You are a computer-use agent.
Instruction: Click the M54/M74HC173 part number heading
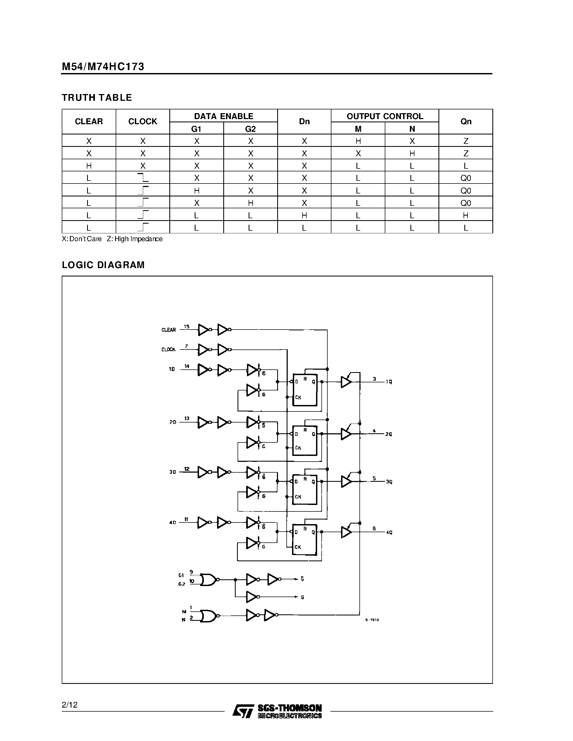point(103,67)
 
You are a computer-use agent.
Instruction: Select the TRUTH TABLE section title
point(97,98)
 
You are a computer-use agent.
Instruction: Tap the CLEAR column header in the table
point(89,122)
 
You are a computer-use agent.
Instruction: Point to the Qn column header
point(466,122)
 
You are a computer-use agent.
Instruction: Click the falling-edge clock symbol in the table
point(143,178)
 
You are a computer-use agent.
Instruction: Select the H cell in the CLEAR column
point(89,166)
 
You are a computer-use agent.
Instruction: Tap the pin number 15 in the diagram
point(186,326)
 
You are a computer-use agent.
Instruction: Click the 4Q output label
point(389,532)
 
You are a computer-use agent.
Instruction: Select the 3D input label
point(173,472)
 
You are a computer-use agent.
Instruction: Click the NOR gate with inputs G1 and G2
point(208,580)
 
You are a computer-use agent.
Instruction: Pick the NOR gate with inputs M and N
point(208,615)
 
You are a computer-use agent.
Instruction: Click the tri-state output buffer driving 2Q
point(346,434)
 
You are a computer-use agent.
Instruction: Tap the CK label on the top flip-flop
point(298,397)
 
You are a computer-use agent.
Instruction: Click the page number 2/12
point(70,705)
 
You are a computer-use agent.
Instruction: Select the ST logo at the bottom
point(243,711)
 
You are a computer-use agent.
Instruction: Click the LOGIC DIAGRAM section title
point(103,265)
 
